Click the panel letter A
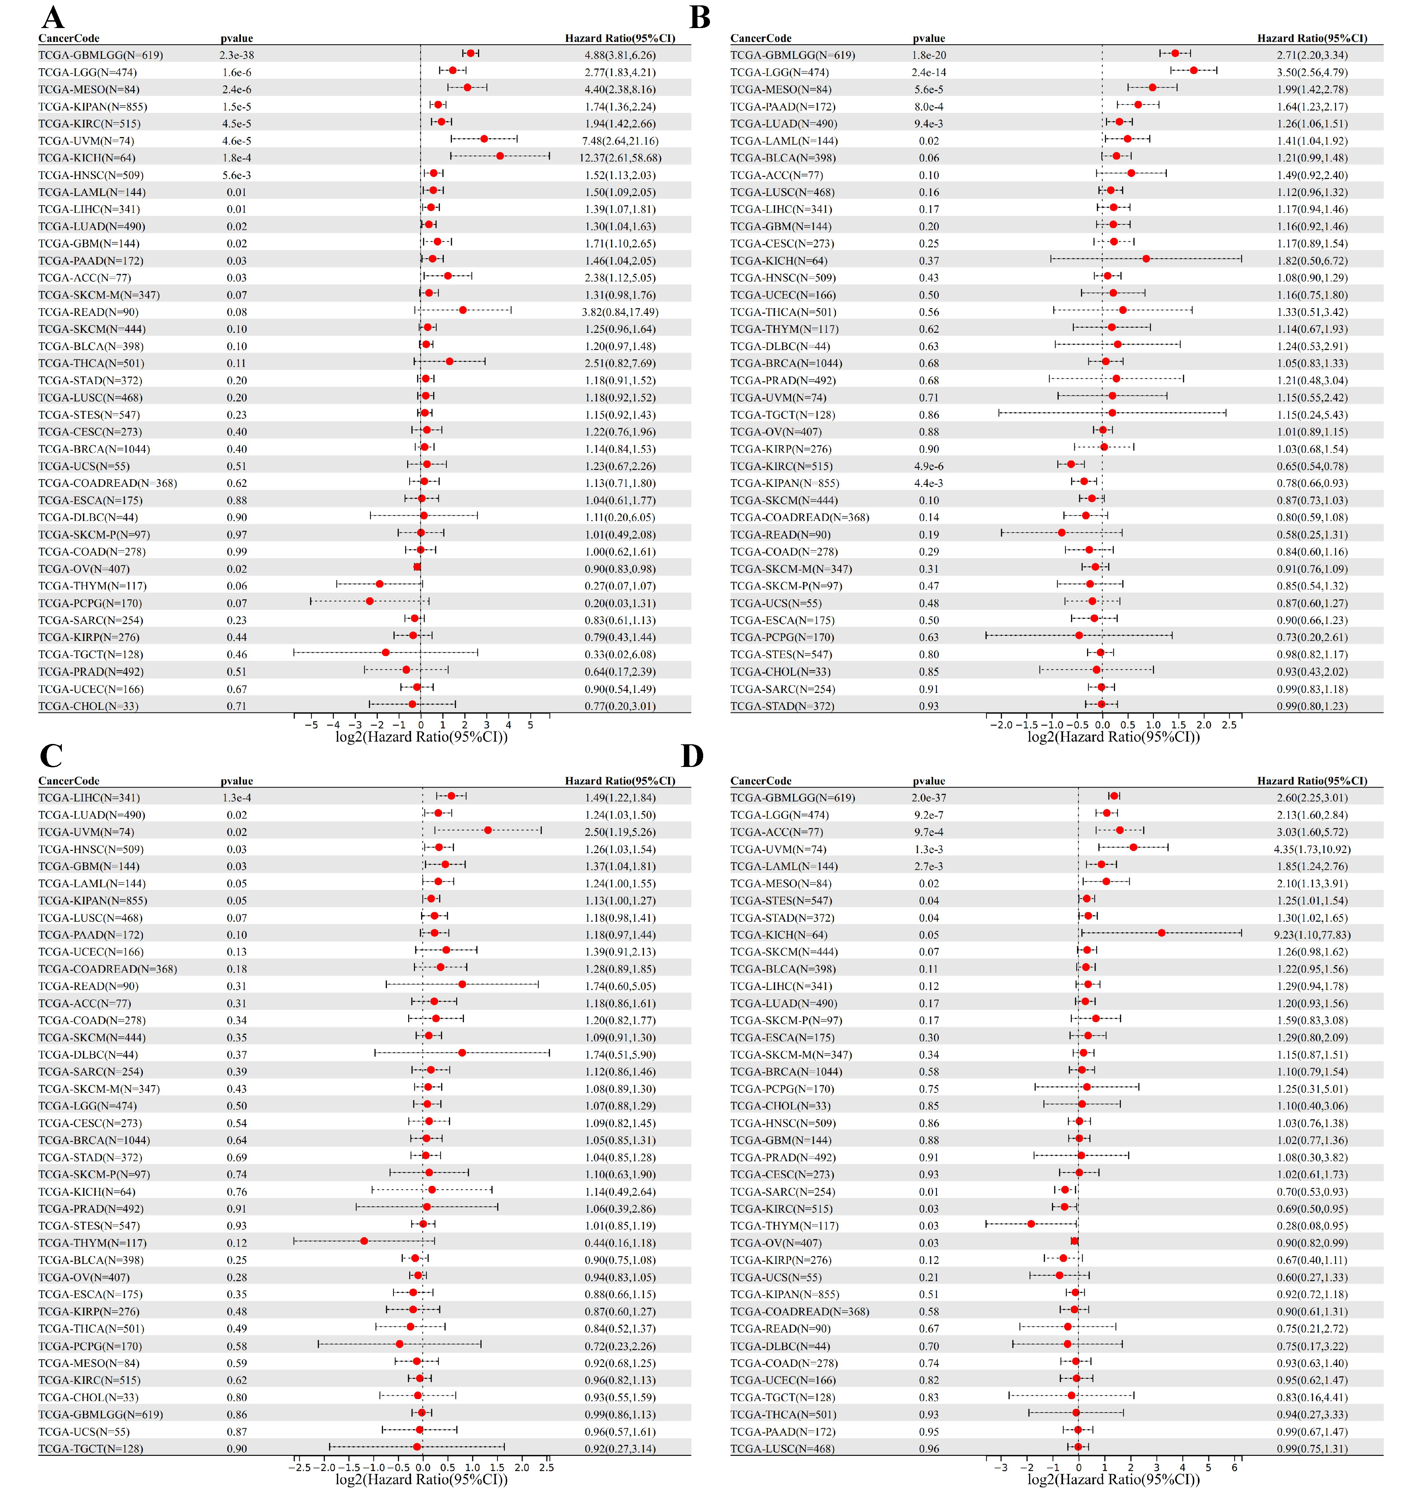[52, 17]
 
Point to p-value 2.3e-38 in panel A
[237, 55]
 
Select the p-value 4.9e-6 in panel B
[929, 466]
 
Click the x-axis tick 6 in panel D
[1235, 1468]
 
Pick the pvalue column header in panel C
[237, 781]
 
